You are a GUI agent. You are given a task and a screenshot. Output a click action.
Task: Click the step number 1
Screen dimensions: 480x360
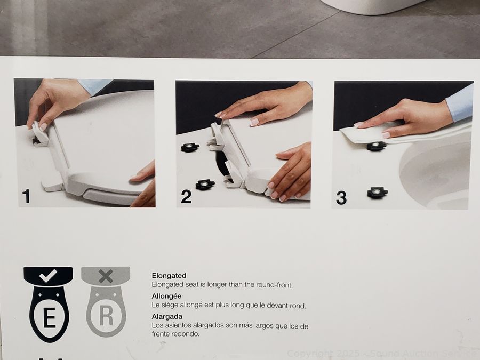pyautogui.click(x=27, y=196)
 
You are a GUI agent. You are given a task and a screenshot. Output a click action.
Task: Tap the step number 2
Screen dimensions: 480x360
pyautogui.click(x=186, y=196)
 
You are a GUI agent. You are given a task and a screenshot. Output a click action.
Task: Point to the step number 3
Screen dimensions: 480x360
pyautogui.click(x=341, y=198)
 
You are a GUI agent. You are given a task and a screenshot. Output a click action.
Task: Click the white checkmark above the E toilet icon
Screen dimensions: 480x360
pyautogui.click(x=48, y=276)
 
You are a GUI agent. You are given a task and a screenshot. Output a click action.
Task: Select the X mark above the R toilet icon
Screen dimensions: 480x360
pyautogui.click(x=106, y=276)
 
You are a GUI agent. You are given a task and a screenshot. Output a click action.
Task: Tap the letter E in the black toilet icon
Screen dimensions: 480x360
pyautogui.click(x=49, y=318)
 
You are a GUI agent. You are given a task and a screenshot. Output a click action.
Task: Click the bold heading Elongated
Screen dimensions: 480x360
pyautogui.click(x=169, y=276)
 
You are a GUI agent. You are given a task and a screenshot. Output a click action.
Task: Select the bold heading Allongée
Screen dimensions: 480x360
pyautogui.click(x=166, y=296)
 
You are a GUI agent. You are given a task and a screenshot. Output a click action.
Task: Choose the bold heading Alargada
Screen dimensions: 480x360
pyautogui.click(x=167, y=316)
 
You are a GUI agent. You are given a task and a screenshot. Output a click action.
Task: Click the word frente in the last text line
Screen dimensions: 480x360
pyautogui.click(x=161, y=334)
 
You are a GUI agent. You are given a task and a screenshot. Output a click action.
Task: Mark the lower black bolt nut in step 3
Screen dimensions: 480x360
pyautogui.click(x=378, y=193)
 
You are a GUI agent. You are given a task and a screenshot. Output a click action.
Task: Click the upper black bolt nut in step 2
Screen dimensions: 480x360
pyautogui.click(x=190, y=147)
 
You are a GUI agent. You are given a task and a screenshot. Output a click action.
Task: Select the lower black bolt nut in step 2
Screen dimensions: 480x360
pyautogui.click(x=205, y=185)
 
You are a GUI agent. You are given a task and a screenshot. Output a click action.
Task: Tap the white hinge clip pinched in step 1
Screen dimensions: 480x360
pyautogui.click(x=40, y=133)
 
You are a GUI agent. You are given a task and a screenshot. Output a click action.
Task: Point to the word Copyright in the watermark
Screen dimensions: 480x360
pyautogui.click(x=309, y=354)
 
